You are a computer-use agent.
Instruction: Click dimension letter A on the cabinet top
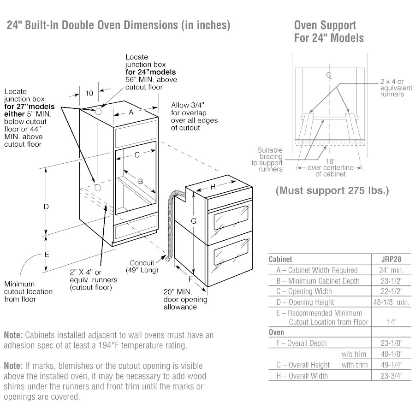131,112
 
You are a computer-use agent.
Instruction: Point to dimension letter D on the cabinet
46,207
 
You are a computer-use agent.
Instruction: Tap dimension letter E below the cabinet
47,254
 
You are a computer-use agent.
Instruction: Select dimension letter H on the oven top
213,187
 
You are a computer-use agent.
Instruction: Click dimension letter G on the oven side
194,221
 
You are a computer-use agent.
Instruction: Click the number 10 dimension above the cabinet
89,93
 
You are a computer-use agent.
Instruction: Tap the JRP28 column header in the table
391,259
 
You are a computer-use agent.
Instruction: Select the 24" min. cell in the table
391,270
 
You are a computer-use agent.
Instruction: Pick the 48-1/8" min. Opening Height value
391,302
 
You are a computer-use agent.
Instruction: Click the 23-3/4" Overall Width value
391,376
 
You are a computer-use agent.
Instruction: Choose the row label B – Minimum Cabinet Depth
318,281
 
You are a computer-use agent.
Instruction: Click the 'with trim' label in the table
355,365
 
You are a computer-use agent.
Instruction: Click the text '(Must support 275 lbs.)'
332,190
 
